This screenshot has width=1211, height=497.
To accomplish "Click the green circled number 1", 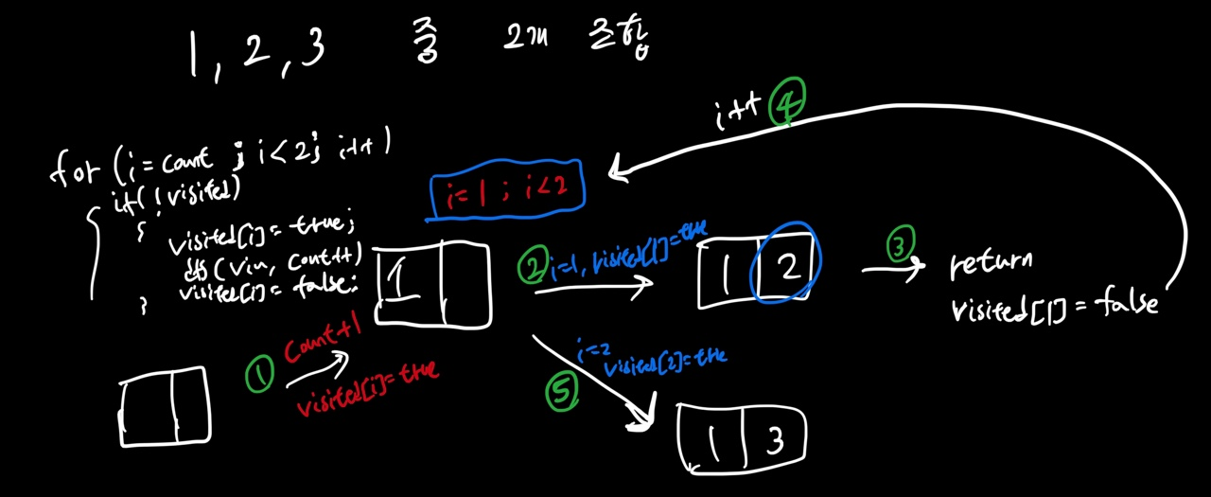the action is coord(258,377).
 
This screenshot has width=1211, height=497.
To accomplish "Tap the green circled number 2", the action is coord(534,268).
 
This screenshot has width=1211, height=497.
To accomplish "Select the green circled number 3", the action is coord(899,247).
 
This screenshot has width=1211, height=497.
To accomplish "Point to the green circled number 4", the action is coord(787,103).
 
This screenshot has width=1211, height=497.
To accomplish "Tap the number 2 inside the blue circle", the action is coord(787,267).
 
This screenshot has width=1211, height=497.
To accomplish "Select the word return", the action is coord(991,264).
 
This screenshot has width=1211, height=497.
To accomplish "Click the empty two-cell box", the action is coord(166,407).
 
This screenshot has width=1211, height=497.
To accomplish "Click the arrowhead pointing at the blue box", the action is coord(620,170).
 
